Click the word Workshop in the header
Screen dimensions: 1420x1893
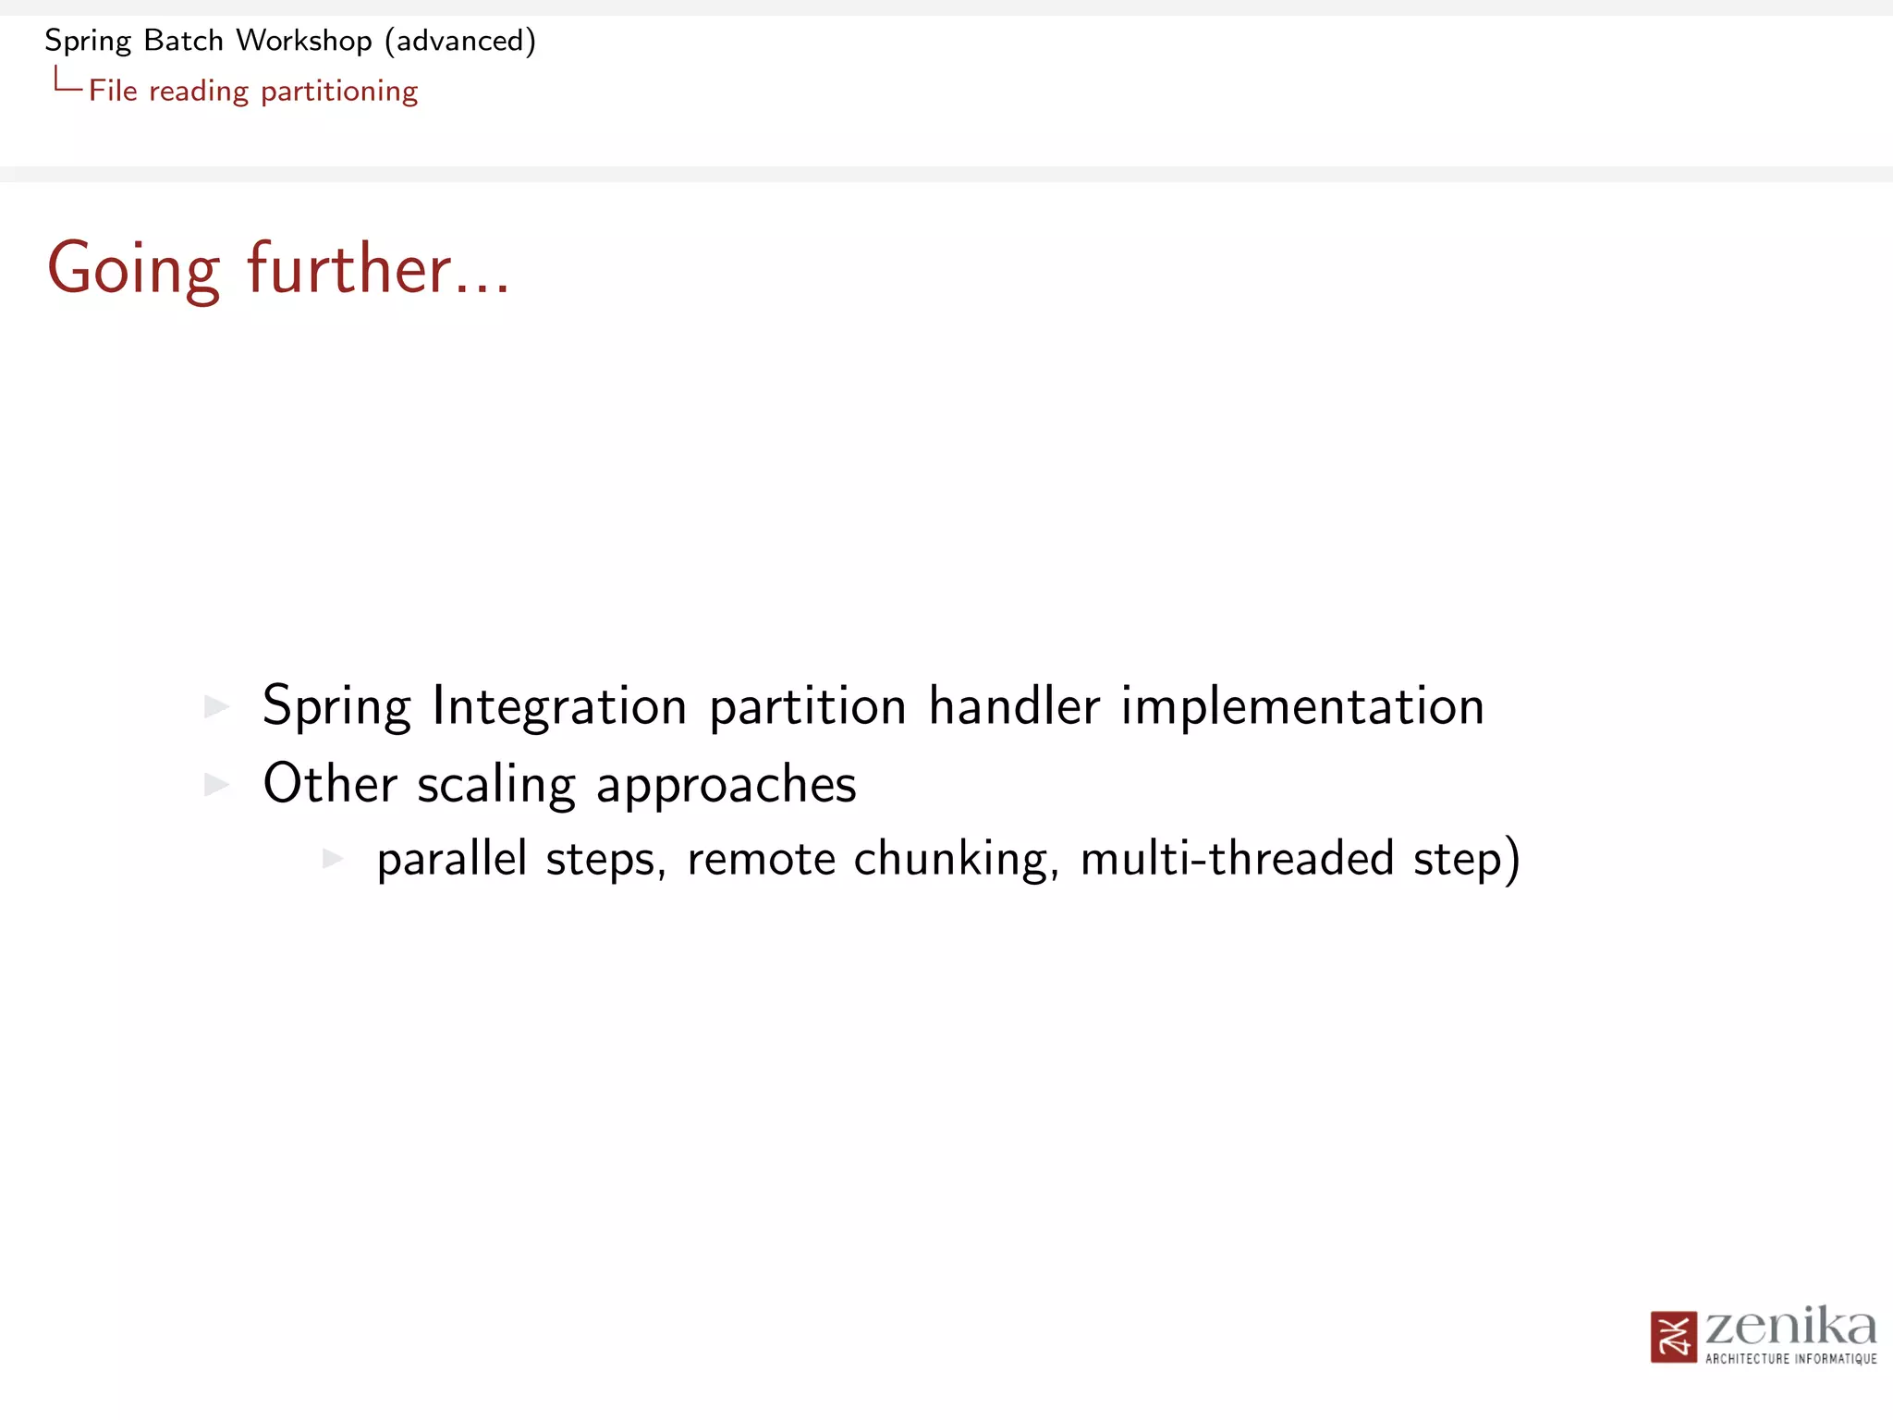coord(303,41)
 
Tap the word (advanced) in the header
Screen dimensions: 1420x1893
coord(460,41)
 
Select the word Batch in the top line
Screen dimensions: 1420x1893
coord(184,41)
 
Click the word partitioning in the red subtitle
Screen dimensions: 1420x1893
coord(339,92)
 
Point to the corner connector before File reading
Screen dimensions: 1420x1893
coord(67,80)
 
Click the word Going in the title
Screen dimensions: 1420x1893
coord(134,269)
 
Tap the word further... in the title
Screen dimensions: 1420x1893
coord(377,269)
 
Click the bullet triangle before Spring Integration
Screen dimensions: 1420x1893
coord(216,707)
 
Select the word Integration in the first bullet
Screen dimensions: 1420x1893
coord(559,707)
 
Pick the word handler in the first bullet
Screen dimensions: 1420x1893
coord(1014,707)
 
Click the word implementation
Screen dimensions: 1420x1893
coord(1302,707)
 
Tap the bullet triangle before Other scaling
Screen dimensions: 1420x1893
coord(216,785)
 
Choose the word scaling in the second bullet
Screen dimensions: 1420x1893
coord(496,785)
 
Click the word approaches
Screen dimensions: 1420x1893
coord(727,785)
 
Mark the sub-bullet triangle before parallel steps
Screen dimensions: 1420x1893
coord(333,859)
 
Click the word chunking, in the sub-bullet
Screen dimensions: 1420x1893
coord(956,859)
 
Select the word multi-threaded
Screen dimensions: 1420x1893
coord(1237,859)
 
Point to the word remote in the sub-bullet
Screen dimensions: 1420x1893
coord(762,859)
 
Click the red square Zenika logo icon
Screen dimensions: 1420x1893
coord(1673,1337)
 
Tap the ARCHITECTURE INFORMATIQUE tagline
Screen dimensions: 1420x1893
coord(1790,1359)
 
